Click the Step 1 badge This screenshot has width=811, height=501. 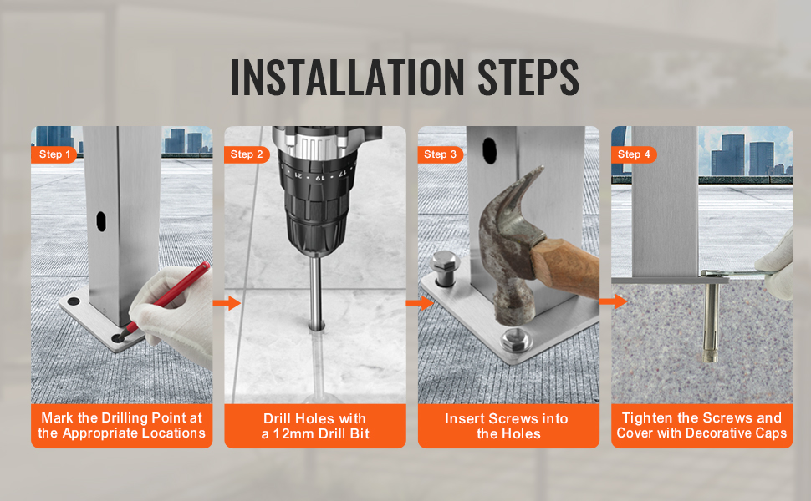click(54, 154)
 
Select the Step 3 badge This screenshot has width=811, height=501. click(440, 154)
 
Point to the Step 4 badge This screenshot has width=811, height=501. click(634, 154)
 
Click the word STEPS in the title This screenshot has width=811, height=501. click(528, 78)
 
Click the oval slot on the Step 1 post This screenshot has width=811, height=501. click(101, 220)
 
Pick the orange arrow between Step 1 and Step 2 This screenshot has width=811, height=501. click(227, 303)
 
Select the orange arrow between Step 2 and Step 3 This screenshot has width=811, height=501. click(420, 303)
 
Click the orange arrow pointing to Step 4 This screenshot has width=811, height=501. click(614, 301)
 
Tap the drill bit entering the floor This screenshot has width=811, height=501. click(315, 291)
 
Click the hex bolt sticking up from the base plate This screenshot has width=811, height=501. click(444, 268)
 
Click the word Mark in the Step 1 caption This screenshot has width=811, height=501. click(58, 417)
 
